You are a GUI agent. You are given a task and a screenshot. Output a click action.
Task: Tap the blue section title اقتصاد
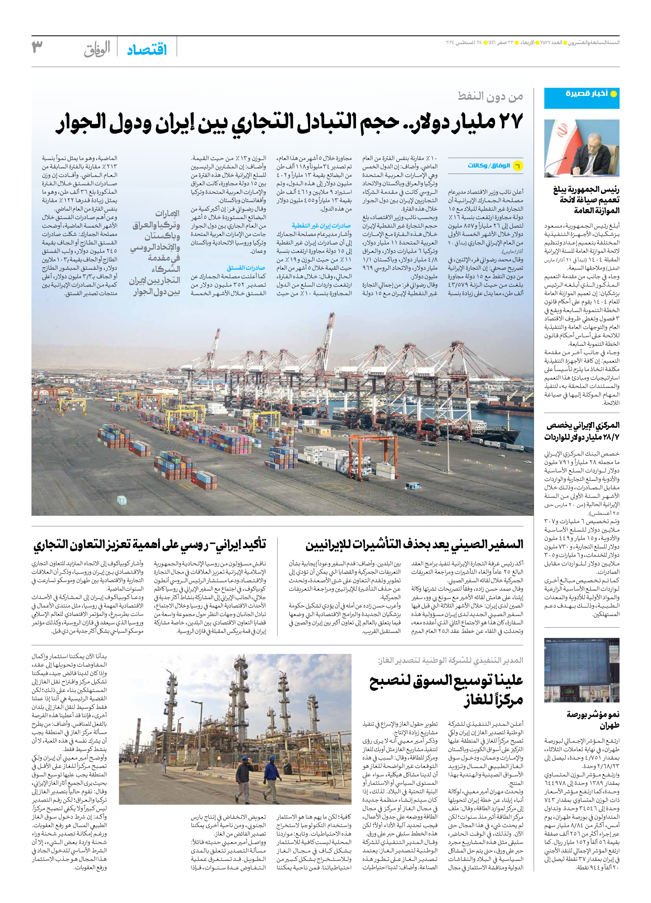[x=147, y=50]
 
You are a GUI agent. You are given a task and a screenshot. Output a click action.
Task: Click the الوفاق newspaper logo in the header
[x=97, y=49]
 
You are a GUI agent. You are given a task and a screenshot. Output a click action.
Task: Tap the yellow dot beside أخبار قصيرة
[x=614, y=94]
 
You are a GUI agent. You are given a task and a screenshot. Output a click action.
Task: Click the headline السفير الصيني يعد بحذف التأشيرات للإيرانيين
[x=414, y=545]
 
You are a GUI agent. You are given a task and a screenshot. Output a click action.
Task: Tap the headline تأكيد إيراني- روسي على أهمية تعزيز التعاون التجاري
[x=150, y=545]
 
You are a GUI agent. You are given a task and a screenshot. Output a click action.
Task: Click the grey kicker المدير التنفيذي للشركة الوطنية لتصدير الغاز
[x=450, y=661]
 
